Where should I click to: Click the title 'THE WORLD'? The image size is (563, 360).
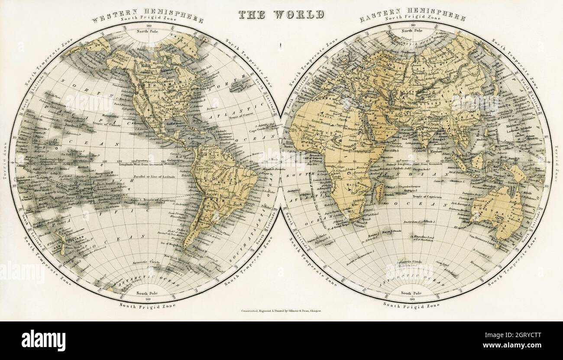tap(281, 14)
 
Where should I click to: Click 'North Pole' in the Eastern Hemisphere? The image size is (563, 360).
tap(412, 31)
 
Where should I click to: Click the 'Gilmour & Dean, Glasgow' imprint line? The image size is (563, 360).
tap(282, 311)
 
